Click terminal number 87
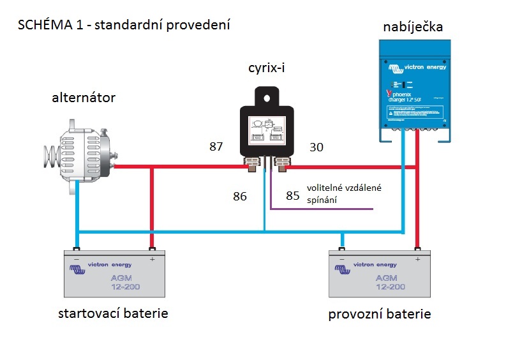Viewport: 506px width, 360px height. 216,147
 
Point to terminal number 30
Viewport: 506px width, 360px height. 316,147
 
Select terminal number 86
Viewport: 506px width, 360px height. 239,197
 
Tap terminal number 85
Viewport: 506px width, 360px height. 293,197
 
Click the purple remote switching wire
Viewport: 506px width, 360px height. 319,209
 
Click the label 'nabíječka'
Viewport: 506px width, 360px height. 412,27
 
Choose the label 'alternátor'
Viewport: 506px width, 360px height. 84,97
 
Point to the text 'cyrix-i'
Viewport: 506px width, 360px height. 264,68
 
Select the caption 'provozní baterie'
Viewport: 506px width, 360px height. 380,314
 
